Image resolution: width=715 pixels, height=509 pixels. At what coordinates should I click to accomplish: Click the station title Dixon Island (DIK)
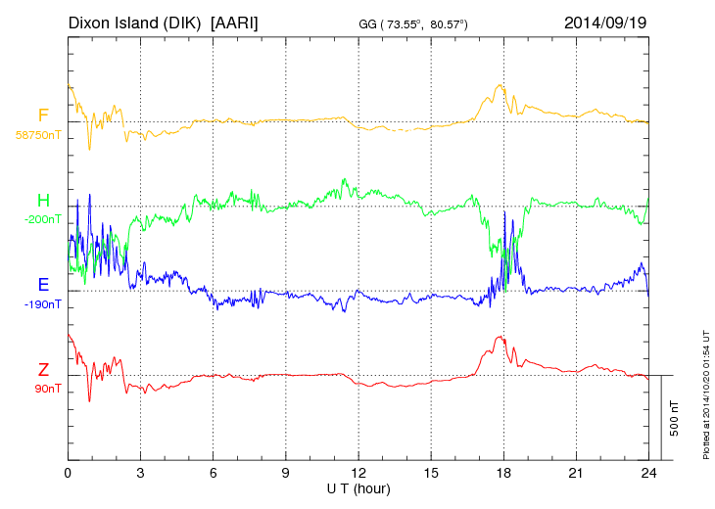[x=135, y=22]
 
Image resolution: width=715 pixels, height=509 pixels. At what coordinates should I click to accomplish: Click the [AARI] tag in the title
[x=234, y=22]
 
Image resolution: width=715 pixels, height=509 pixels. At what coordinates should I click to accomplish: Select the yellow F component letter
[x=43, y=116]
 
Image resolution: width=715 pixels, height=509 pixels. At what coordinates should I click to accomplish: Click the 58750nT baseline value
[x=38, y=134]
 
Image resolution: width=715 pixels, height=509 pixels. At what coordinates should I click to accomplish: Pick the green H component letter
[x=43, y=201]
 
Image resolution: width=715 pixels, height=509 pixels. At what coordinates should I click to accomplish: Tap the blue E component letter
[x=43, y=286]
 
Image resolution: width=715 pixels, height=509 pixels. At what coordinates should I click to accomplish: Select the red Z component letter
[x=43, y=370]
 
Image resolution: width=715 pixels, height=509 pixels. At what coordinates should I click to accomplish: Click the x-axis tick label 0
[x=68, y=474]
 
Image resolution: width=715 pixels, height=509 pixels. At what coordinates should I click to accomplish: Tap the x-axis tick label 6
[x=214, y=474]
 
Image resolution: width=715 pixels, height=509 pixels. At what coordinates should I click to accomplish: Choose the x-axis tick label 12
[x=358, y=474]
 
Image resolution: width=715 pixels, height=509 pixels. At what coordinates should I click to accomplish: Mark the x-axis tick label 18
[x=503, y=474]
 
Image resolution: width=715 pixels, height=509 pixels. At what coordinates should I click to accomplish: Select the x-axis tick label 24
[x=648, y=474]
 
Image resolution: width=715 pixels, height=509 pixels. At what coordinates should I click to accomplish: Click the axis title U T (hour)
[x=358, y=488]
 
